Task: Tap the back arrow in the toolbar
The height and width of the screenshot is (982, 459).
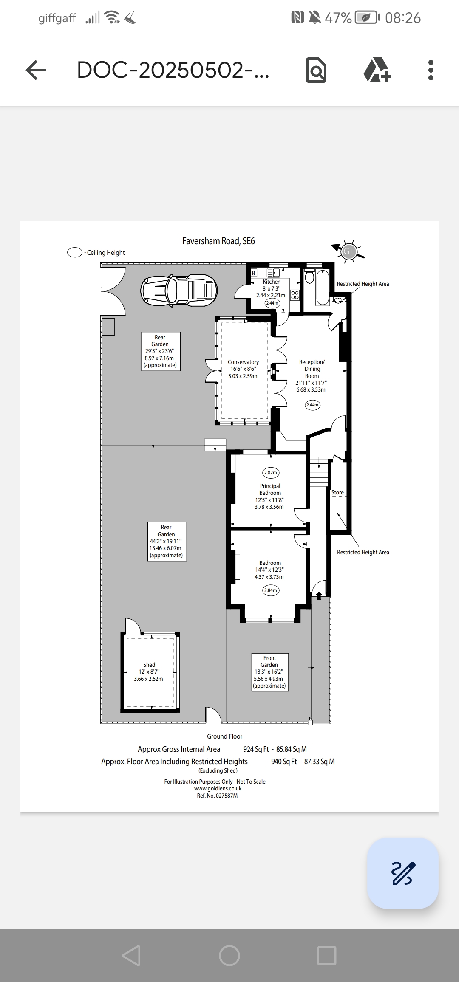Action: point(36,70)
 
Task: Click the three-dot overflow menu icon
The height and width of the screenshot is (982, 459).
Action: point(431,70)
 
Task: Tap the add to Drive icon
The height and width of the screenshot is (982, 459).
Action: point(377,70)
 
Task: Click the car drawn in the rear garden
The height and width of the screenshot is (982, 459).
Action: point(179,291)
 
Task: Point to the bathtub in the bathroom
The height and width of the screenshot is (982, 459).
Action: point(323,288)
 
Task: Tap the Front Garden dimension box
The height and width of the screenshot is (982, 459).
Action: point(269,672)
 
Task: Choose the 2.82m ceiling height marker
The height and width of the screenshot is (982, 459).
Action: point(270,473)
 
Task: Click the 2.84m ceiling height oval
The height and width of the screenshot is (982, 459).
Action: point(270,590)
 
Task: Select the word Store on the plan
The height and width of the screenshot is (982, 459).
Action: point(337,493)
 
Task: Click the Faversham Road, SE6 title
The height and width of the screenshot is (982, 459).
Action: point(218,241)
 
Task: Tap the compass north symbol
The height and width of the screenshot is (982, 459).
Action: point(348,251)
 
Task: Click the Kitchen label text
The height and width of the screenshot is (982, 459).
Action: point(272,282)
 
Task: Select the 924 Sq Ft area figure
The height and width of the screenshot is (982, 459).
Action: point(256,749)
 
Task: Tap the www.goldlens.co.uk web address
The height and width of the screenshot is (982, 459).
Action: point(218,788)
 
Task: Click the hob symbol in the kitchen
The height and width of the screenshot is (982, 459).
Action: point(295,295)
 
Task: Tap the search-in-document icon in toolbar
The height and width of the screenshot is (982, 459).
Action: point(316,70)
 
